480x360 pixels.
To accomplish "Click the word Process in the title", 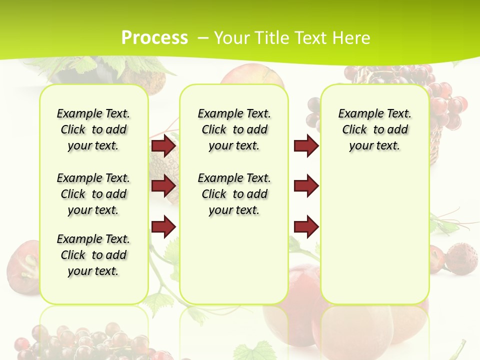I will pyautogui.click(x=154, y=38).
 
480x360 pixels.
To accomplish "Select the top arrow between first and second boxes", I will pyautogui.click(x=163, y=146).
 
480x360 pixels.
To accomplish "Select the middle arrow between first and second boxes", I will pyautogui.click(x=163, y=186).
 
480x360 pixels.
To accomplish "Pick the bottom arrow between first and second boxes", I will pyautogui.click(x=163, y=226).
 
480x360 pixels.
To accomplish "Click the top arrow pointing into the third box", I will pyautogui.click(x=306, y=146).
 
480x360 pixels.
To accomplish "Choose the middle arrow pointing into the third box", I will pyautogui.click(x=306, y=186).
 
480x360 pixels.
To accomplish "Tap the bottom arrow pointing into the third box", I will pyautogui.click(x=306, y=226).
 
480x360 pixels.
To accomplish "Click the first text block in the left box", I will pyautogui.click(x=93, y=129).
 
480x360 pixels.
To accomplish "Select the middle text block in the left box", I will pyautogui.click(x=93, y=194).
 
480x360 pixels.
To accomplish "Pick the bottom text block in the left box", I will pyautogui.click(x=93, y=255).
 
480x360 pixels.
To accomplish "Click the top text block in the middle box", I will pyautogui.click(x=234, y=129).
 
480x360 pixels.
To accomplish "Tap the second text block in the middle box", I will pyautogui.click(x=234, y=194).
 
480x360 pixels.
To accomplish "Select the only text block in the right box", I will pyautogui.click(x=375, y=129).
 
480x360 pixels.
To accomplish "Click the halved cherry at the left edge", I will pyautogui.click(x=22, y=262).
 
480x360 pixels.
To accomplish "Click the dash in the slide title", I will pyautogui.click(x=202, y=38).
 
